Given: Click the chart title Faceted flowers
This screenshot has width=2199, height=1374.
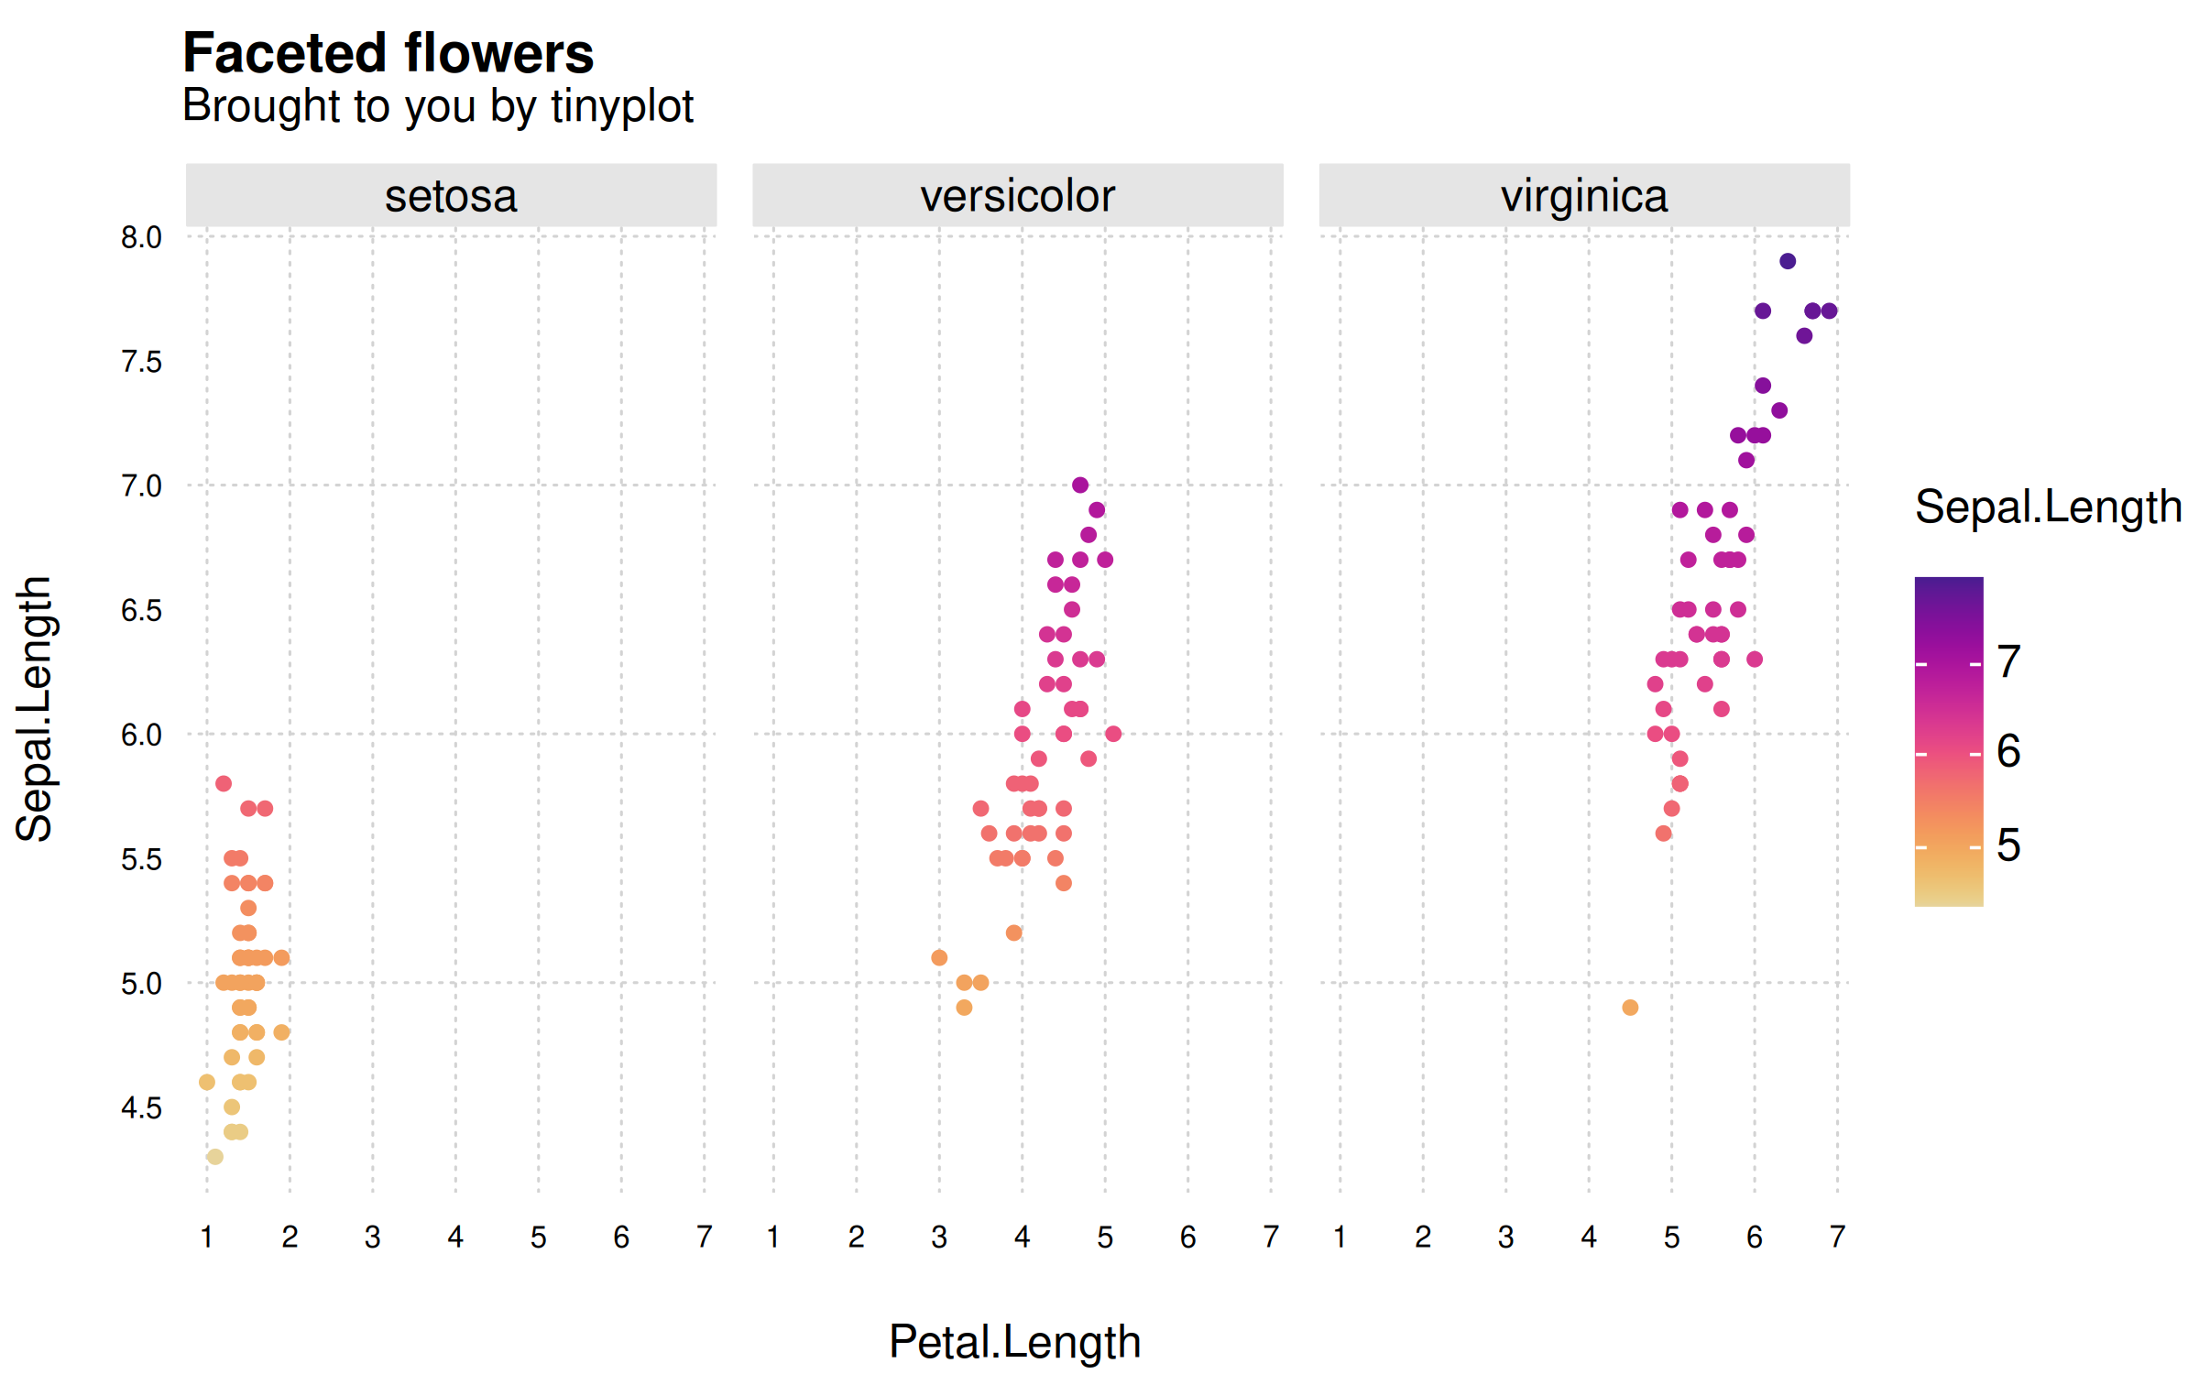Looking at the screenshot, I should pyautogui.click(x=388, y=53).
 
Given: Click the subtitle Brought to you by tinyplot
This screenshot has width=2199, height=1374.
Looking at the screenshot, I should pyautogui.click(x=437, y=106).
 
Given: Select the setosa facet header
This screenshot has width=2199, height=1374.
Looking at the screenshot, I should pyautogui.click(x=451, y=196).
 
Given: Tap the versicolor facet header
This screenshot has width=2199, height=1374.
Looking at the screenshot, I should pyautogui.click(x=1017, y=196).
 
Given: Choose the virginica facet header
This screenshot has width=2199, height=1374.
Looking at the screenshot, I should pyautogui.click(x=1583, y=196).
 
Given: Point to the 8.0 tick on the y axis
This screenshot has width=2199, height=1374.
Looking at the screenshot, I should pyautogui.click(x=141, y=237).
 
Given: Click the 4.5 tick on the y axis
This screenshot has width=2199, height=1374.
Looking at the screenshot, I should pyautogui.click(x=141, y=1108).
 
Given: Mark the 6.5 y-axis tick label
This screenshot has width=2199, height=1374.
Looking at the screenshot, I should pyautogui.click(x=141, y=611).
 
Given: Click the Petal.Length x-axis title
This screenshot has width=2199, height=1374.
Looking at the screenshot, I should pyautogui.click(x=1015, y=1342).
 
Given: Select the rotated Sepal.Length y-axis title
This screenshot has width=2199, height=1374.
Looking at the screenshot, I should pyautogui.click(x=35, y=709).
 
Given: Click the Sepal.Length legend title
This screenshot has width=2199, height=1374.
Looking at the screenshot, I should pyautogui.click(x=2048, y=507).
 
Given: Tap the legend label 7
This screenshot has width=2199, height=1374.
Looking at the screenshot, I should pyautogui.click(x=2008, y=661).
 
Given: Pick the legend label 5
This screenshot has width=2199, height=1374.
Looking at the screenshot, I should pyautogui.click(x=2008, y=845).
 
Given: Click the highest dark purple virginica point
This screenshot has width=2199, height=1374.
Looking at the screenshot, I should pyautogui.click(x=1788, y=261).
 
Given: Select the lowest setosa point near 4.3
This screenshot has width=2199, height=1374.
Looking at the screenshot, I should pyautogui.click(x=214, y=1157).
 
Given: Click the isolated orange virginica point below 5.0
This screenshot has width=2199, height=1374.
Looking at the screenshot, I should pyautogui.click(x=1630, y=1008).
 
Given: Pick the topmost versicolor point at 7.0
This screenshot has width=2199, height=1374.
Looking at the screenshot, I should pyautogui.click(x=1080, y=485).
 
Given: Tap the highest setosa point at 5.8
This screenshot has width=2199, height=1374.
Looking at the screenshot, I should pyautogui.click(x=224, y=783).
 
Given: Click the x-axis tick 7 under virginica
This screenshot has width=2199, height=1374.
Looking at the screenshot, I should pyautogui.click(x=1837, y=1238).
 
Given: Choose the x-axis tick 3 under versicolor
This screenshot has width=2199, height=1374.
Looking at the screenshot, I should pyautogui.click(x=939, y=1238).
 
